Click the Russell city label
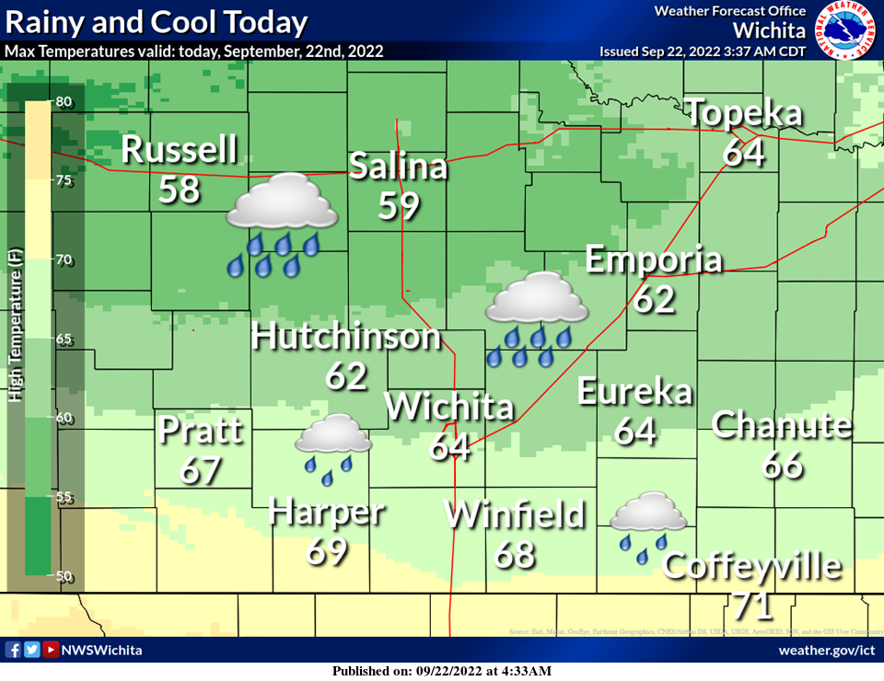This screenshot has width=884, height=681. pyautogui.click(x=180, y=149)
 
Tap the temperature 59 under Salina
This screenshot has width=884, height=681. pyautogui.click(x=399, y=206)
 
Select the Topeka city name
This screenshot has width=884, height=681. pyautogui.click(x=745, y=115)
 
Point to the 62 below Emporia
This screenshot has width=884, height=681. pyautogui.click(x=654, y=299)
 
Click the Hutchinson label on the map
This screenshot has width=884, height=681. pyautogui.click(x=346, y=337)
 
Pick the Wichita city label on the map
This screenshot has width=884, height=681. pyautogui.click(x=448, y=407)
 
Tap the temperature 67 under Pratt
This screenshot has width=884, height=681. pyautogui.click(x=201, y=469)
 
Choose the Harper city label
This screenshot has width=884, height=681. pyautogui.click(x=326, y=512)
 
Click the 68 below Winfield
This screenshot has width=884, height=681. pyautogui.click(x=515, y=554)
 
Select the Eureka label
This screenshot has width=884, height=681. pyautogui.click(x=634, y=392)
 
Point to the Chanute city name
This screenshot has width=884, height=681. pyautogui.click(x=782, y=425)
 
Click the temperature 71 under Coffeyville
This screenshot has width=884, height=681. pyautogui.click(x=752, y=606)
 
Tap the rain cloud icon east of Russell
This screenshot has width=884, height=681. pyautogui.click(x=281, y=225)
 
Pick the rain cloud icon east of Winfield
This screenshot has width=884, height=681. pyautogui.click(x=648, y=525)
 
